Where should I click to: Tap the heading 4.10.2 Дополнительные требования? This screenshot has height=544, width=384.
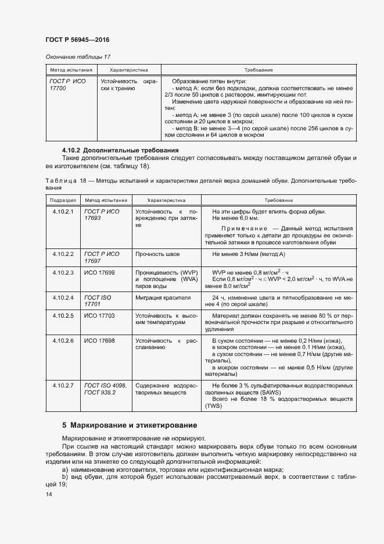[120, 150]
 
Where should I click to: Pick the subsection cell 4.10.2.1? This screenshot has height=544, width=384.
[62, 211]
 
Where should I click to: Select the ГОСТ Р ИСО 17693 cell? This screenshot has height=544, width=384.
[102, 215]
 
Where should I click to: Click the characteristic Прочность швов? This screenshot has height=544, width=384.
[157, 254]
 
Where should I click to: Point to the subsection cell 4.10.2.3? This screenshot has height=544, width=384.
[62, 272]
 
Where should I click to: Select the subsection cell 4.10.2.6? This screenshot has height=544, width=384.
[62, 340]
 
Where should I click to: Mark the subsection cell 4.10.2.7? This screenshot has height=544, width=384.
[62, 385]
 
